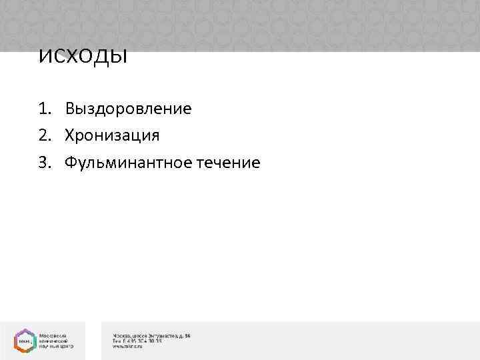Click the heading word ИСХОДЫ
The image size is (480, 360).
pyautogui.click(x=83, y=57)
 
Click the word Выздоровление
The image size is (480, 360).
pyautogui.click(x=128, y=109)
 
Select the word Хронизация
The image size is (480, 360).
pyautogui.click(x=112, y=135)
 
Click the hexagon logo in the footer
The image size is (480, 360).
pyautogui.click(x=23, y=340)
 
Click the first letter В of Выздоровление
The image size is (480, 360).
pyautogui.click(x=69, y=109)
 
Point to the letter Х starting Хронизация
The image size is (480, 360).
pyautogui.click(x=69, y=135)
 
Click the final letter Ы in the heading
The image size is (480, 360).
pyautogui.click(x=119, y=57)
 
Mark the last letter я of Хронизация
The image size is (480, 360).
pyautogui.click(x=155, y=135)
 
